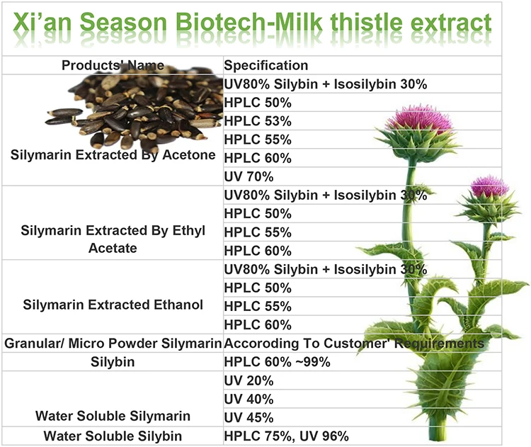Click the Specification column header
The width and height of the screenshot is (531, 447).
click(266, 66)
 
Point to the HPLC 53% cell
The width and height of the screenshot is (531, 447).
click(248, 121)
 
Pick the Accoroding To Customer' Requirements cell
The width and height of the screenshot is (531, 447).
click(353, 343)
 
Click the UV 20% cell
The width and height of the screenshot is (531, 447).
click(243, 380)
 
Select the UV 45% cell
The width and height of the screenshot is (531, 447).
click(243, 416)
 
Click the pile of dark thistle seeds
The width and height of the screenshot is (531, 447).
click(131, 110)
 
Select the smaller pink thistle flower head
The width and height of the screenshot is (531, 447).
click(488, 188)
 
